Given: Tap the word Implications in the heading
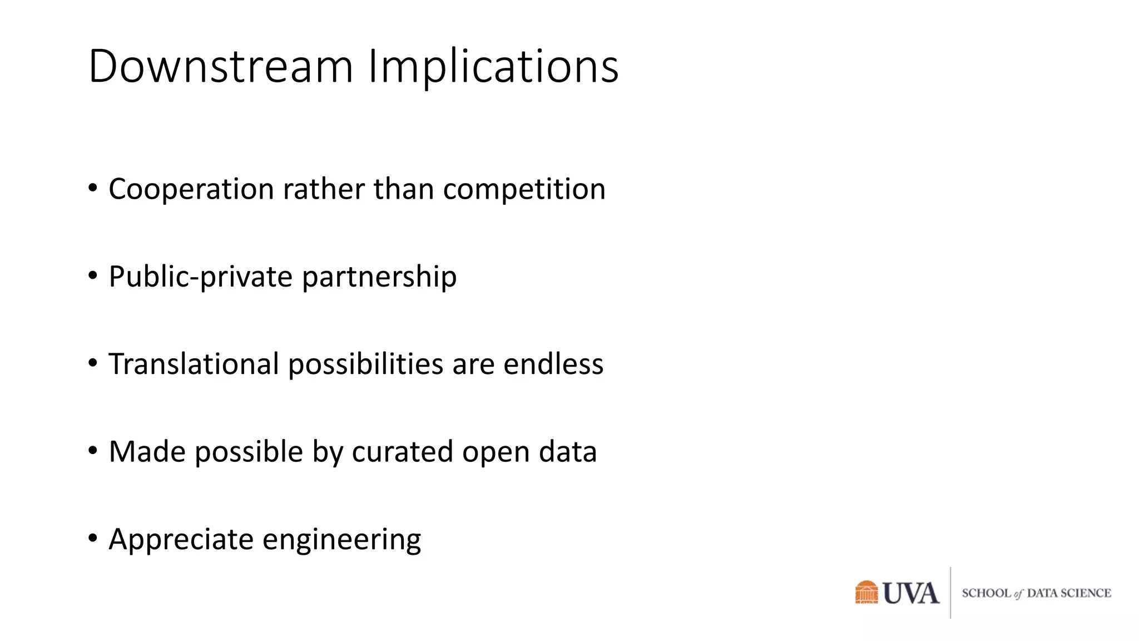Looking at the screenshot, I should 493,66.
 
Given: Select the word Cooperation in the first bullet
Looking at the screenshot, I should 191,189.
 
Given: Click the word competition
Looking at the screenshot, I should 524,189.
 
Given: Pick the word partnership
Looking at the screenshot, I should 379,277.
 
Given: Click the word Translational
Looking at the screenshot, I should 194,364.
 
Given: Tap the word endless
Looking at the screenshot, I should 553,364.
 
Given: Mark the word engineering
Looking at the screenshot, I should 341,540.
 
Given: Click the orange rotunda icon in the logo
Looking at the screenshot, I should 866,592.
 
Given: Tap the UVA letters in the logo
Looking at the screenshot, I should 911,593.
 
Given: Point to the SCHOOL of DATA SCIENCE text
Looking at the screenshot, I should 1036,593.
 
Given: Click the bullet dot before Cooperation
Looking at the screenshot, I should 93,188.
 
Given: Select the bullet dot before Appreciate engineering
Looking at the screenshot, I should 93,538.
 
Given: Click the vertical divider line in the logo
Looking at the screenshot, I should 950,593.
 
